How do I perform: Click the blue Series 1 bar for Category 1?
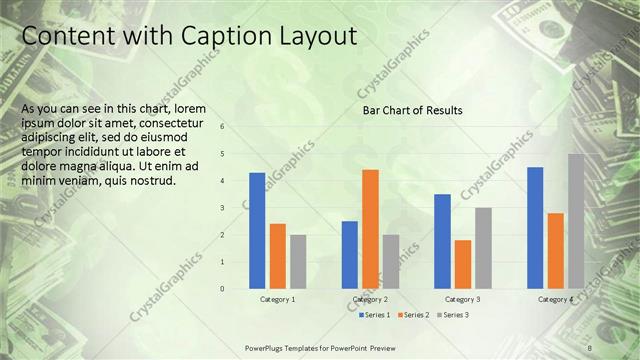pos(257,230)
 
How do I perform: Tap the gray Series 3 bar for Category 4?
pos(576,221)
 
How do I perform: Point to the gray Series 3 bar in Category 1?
pos(298,261)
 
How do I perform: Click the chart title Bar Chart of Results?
pos(413,110)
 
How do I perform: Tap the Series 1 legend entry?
pos(375,315)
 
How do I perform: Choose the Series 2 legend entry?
pos(413,315)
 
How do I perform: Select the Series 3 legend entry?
pos(452,315)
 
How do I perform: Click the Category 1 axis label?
pos(277,299)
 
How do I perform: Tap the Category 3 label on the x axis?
pos(462,299)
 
